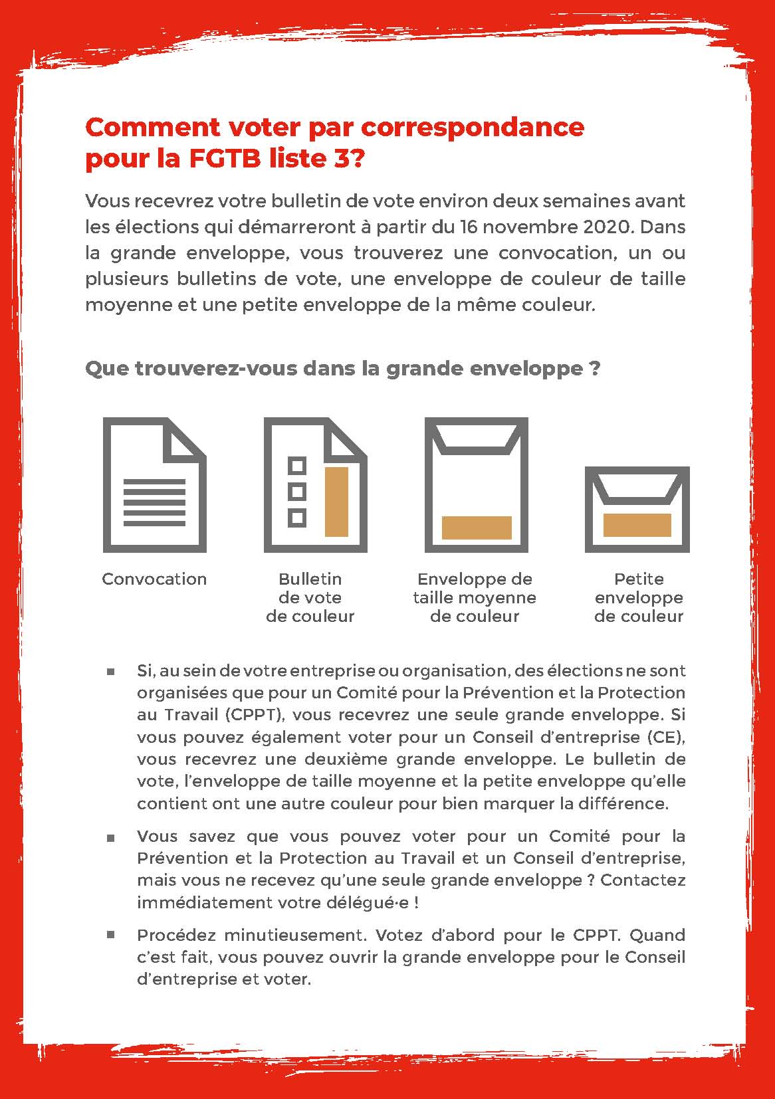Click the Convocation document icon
click(154, 485)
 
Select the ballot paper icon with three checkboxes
click(315, 485)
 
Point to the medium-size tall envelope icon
click(476, 485)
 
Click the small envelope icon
click(637, 510)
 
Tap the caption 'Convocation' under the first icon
click(154, 579)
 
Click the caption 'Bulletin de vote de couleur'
click(310, 597)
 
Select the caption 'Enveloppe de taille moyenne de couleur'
click(475, 597)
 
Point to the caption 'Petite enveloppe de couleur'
click(639, 597)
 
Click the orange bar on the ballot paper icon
click(336, 502)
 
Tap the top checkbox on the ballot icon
click(297, 466)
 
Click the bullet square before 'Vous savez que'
click(110, 837)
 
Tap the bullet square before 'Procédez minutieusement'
click(110, 935)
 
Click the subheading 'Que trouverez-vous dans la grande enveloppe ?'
click(343, 368)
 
